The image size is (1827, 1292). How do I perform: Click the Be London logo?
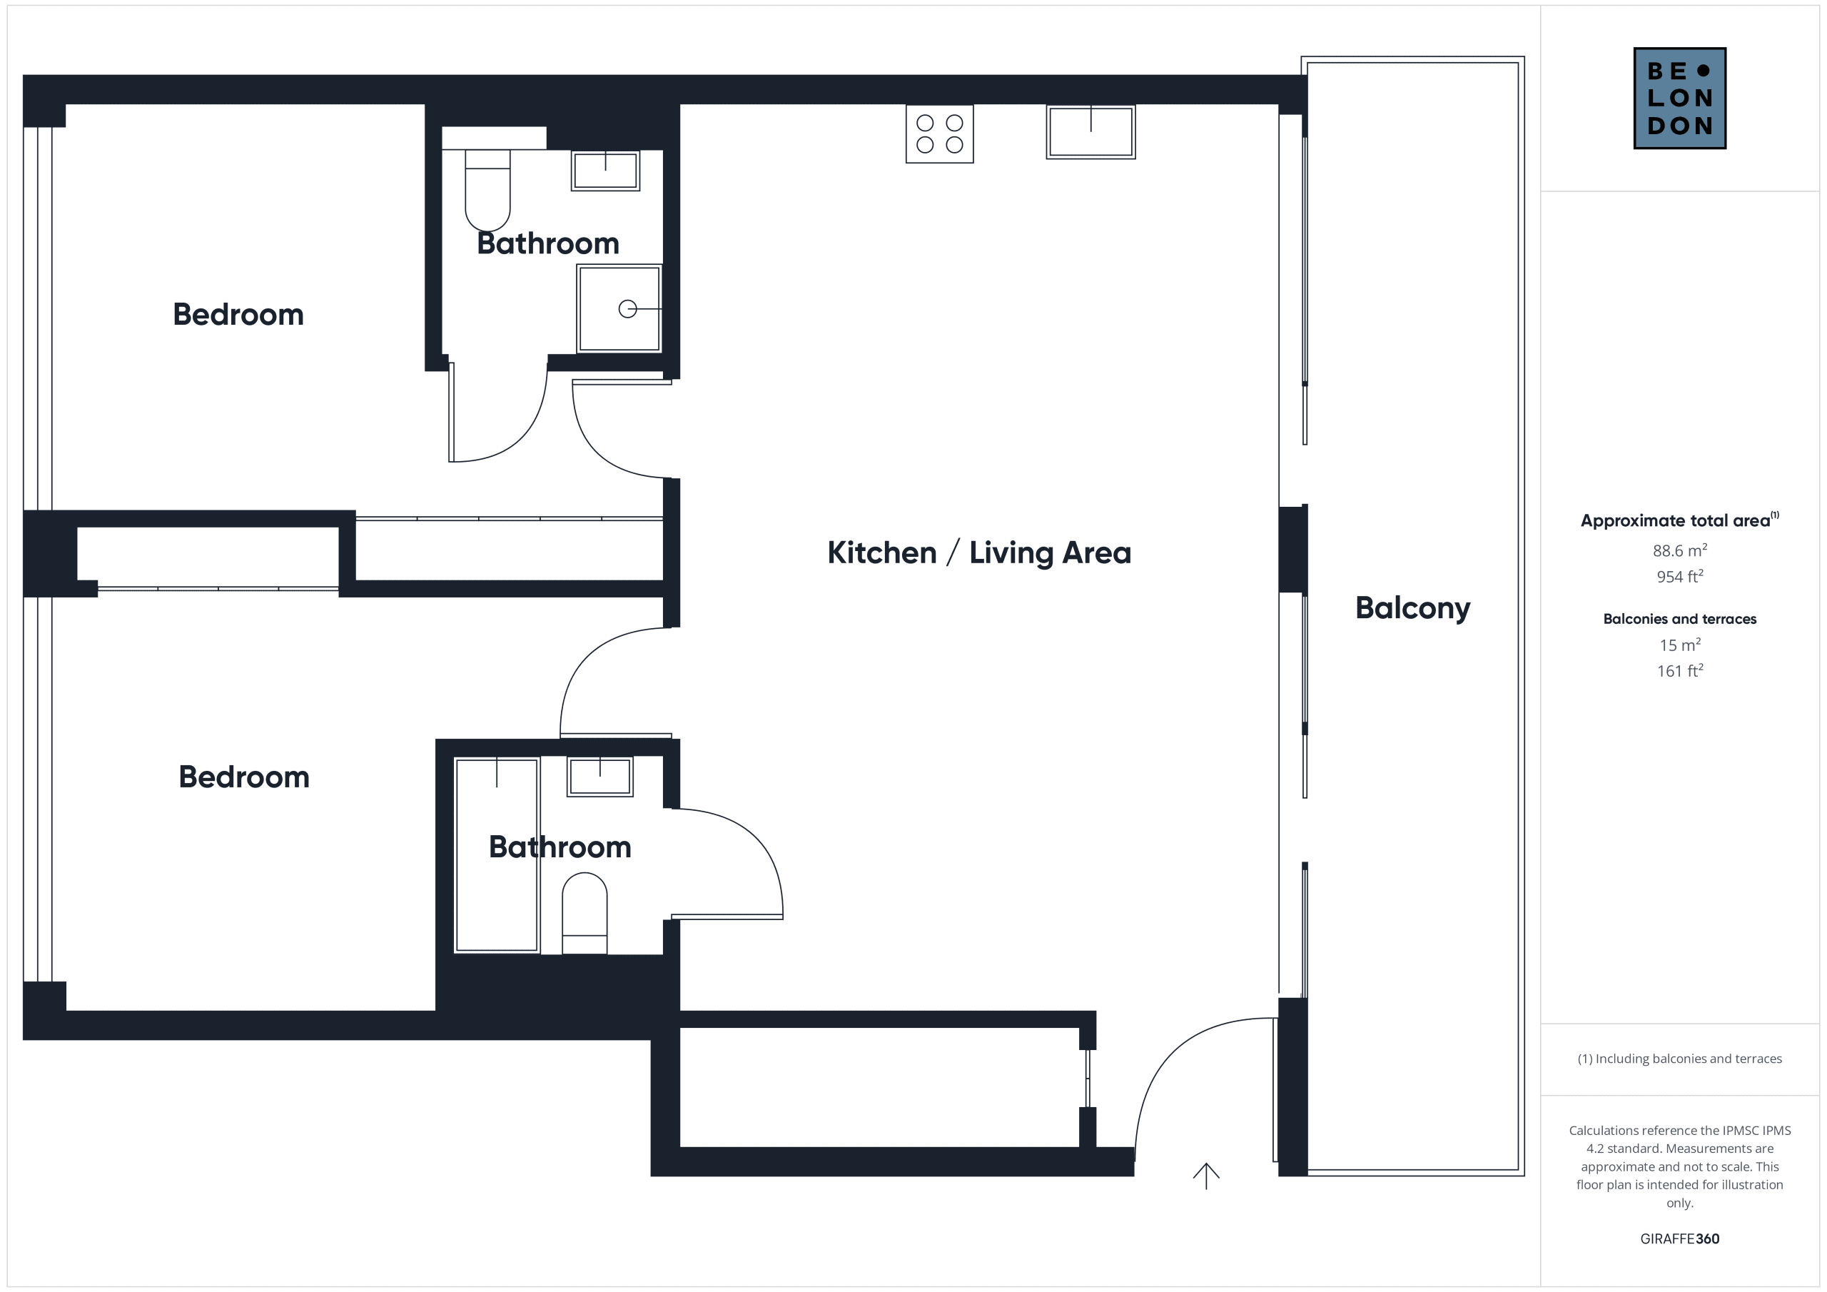tap(1680, 98)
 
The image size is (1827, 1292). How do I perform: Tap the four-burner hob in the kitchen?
tap(940, 133)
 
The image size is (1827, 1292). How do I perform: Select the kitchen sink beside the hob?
tap(1091, 131)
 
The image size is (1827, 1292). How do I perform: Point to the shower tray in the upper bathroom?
tap(619, 309)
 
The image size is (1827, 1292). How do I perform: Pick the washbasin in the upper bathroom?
tap(606, 171)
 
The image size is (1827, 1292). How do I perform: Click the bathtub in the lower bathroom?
tap(497, 855)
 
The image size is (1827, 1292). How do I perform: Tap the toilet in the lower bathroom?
tap(585, 913)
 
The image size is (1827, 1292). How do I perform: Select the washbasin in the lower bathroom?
tap(600, 776)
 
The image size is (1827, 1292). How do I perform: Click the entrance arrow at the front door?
tap(1206, 1176)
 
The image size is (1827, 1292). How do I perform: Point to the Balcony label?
tap(1412, 609)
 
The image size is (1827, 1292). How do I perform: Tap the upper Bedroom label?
tap(238, 315)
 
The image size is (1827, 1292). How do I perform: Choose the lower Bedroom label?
tap(243, 777)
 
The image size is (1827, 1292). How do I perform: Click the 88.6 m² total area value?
tap(1680, 550)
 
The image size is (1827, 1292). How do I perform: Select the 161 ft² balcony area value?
tap(1680, 670)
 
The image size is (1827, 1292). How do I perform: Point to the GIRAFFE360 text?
tap(1680, 1238)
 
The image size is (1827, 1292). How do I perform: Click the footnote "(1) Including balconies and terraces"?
tap(1680, 1059)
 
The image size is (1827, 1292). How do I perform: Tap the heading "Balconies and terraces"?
tap(1680, 619)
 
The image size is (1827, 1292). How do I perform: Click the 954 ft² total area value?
tap(1680, 576)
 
